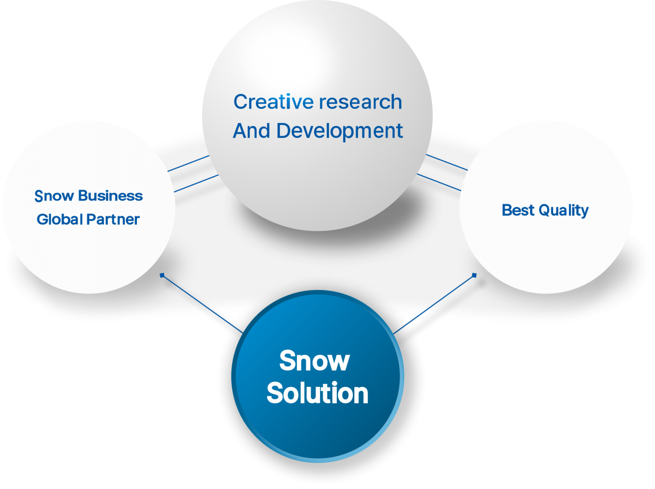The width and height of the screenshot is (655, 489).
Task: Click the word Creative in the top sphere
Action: pos(273,102)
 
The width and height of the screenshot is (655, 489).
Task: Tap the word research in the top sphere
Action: pos(360,102)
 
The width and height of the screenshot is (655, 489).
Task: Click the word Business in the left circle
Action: pos(110,196)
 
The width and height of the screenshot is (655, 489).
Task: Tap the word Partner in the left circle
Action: pos(113,219)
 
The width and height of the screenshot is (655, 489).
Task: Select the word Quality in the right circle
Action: pos(564,210)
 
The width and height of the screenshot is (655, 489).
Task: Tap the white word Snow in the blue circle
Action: pos(314,361)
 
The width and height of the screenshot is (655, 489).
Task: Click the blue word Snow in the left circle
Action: pos(54,196)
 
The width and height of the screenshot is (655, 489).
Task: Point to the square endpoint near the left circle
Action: pos(162,275)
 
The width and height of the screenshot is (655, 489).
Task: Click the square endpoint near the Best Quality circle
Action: pos(474,275)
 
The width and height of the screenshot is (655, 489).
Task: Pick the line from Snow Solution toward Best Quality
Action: pos(435,304)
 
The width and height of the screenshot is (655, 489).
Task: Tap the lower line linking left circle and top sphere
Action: pos(196,183)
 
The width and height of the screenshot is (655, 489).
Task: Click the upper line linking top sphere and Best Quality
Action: pos(447,162)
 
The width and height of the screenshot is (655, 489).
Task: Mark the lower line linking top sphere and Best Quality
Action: pos(439,182)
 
